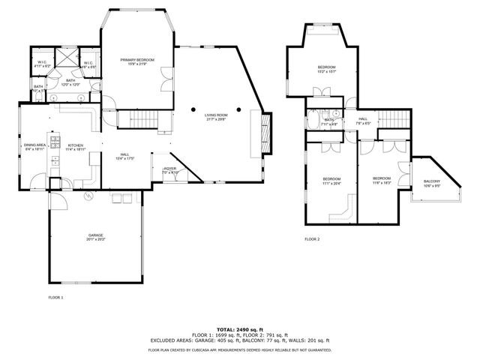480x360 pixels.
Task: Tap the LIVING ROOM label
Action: coord(216,115)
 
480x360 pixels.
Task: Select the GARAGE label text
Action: coord(95,235)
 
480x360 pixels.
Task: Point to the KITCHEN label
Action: coord(76,145)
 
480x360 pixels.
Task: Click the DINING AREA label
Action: coord(35,145)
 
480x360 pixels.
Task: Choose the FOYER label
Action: coord(170,169)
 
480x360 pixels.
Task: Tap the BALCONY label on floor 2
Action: coord(432,181)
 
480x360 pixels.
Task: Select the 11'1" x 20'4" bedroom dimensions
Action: coord(331,182)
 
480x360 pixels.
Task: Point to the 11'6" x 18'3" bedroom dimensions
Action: coord(382,182)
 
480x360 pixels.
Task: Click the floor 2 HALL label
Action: coord(363,118)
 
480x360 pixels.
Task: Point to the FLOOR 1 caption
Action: coord(55,297)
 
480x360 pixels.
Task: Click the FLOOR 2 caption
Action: coord(312,239)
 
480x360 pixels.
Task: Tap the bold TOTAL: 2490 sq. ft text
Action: coord(239,329)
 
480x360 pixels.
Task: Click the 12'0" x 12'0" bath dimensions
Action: coord(70,85)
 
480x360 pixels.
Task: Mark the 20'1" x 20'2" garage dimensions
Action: coord(95,240)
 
